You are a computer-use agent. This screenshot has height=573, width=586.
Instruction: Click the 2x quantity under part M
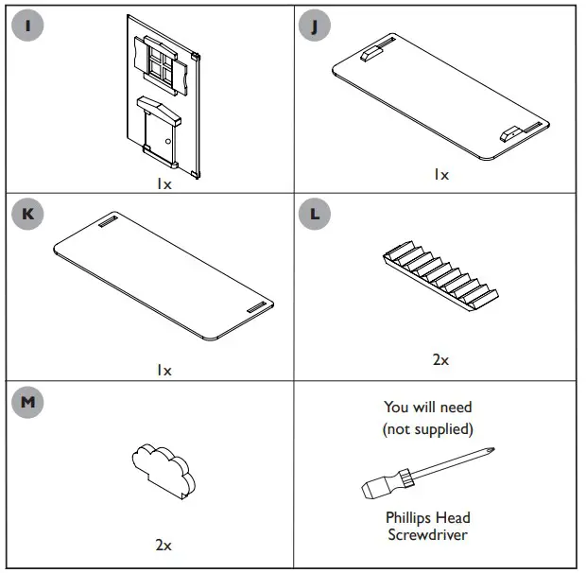(164, 545)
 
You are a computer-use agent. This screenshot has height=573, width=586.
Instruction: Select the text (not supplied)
(427, 428)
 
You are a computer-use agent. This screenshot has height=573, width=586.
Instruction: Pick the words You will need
(427, 408)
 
